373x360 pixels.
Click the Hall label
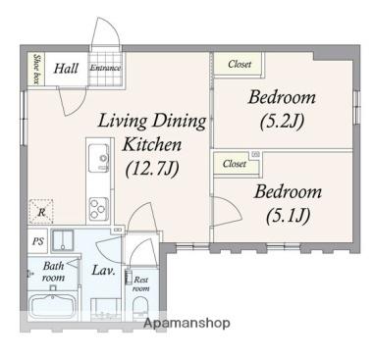point(66,69)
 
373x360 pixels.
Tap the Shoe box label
point(36,69)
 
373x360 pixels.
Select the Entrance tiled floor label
point(105,68)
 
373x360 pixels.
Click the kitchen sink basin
point(99,158)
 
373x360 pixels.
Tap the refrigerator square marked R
point(41,212)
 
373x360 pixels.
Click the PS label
point(38,241)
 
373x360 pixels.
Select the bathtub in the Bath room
point(52,305)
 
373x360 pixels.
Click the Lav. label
point(103,271)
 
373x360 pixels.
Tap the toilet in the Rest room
point(141,308)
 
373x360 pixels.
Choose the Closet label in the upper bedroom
point(240,64)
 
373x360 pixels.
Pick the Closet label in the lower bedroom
point(235,163)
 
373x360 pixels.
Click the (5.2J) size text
point(282,122)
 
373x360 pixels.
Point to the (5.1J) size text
point(288,216)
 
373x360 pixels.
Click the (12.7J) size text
point(153,169)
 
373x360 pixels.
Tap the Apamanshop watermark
point(186,324)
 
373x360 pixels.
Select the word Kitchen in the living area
point(152,144)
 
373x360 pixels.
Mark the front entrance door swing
point(104,31)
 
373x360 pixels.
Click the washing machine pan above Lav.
point(63,241)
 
